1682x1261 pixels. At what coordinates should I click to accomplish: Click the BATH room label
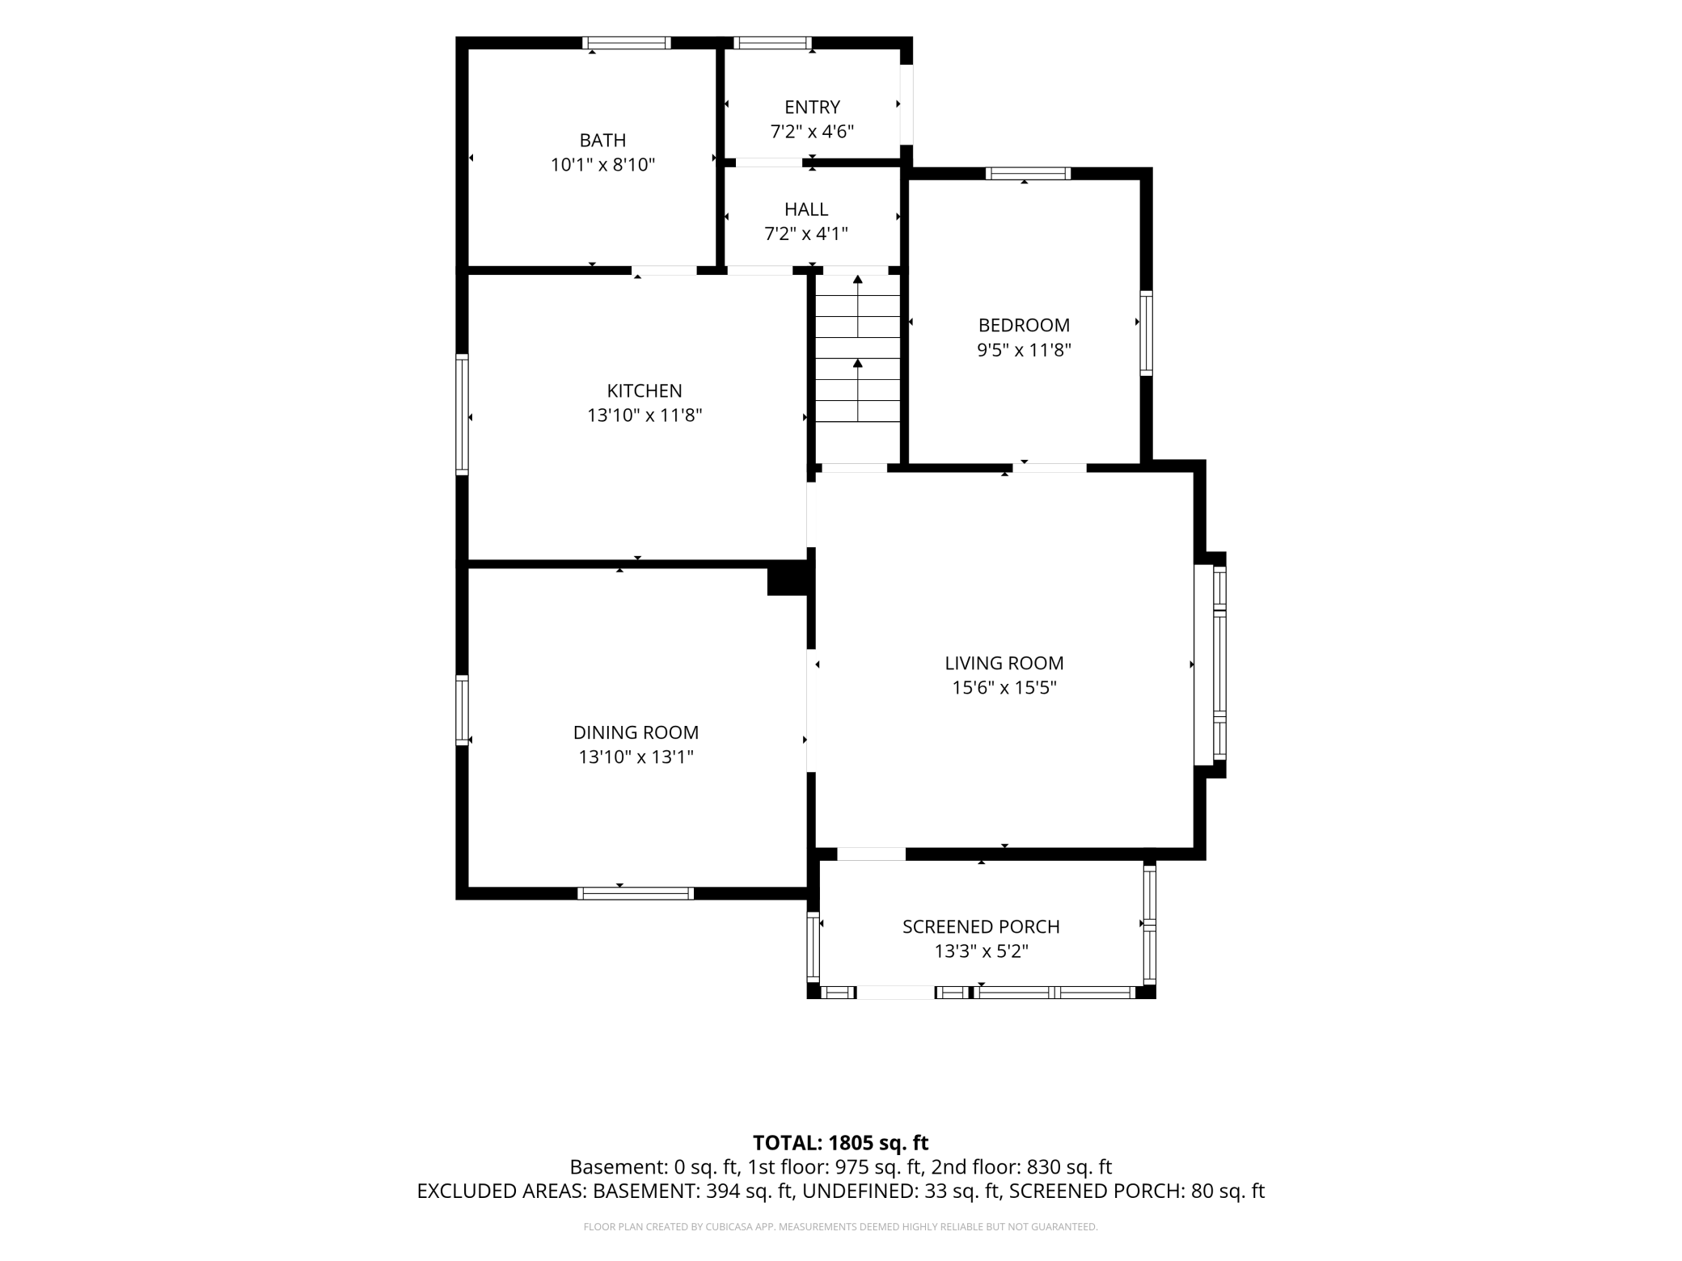coord(602,140)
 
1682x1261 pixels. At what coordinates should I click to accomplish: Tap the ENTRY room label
coord(812,107)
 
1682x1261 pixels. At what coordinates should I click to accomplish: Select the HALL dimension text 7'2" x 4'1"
coord(806,234)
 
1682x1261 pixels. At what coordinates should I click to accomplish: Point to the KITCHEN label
coord(644,390)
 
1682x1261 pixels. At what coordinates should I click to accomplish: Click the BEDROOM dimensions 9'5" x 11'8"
coord(1024,350)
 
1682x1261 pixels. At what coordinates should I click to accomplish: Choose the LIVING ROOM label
coord(1004,663)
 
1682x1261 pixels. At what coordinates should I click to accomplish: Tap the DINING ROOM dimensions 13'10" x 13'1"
coord(636,757)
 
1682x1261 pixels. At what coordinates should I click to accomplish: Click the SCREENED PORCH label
coord(981,926)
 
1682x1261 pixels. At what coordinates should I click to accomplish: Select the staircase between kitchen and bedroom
coord(857,368)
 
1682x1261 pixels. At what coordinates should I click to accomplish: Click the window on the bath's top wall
coord(627,43)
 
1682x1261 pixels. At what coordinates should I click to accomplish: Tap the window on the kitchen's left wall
coord(462,414)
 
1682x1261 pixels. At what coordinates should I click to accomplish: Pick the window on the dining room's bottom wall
coord(636,893)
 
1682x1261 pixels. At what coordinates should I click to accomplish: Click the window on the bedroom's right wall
coord(1147,332)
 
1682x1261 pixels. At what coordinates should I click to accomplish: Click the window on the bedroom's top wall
coord(1028,173)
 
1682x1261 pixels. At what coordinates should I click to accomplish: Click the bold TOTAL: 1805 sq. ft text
coord(840,1143)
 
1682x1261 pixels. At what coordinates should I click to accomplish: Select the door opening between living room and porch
coord(871,854)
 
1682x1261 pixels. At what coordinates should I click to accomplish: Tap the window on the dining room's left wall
coord(462,710)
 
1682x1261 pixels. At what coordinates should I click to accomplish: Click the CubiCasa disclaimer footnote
coord(840,1227)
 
